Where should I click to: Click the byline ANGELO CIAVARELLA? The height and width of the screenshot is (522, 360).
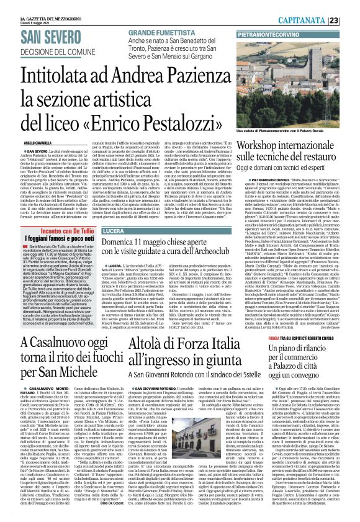click(24, 142)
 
